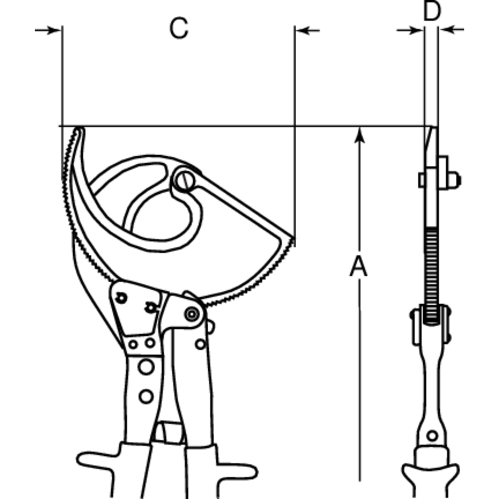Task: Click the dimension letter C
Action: pos(179,28)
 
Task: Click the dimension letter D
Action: pos(432,11)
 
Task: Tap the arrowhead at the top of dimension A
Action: pos(360,135)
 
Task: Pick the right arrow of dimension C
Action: pos(307,31)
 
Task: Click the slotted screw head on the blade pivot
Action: pos(184,180)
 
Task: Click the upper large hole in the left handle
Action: pos(146,367)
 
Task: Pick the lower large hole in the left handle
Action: pos(146,396)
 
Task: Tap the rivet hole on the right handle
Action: pos(200,344)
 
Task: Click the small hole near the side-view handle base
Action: pos(432,436)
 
